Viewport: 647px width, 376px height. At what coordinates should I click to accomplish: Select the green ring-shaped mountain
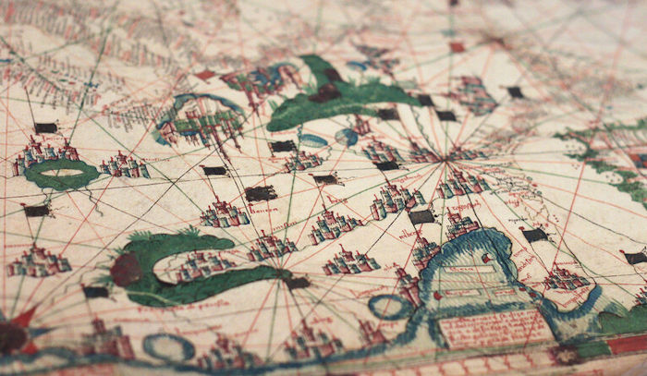click(62, 173)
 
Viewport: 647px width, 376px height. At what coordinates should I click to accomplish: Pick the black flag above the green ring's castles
click(45, 127)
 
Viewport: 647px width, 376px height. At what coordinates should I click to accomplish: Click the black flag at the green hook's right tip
click(298, 283)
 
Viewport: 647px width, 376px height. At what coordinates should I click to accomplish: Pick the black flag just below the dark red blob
click(96, 292)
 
